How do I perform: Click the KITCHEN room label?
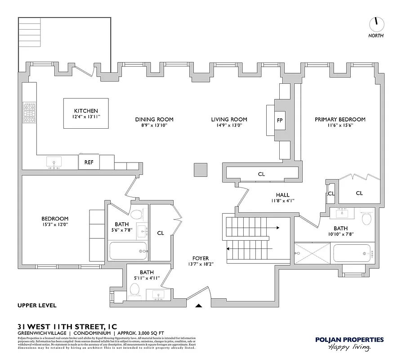(85, 111)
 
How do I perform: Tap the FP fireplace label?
(280, 120)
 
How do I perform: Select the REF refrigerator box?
(89, 162)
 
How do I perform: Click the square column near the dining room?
(200, 170)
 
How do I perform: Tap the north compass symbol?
(375, 23)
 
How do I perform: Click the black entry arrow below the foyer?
(199, 306)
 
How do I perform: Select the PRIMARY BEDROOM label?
(339, 119)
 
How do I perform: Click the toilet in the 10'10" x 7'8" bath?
(366, 219)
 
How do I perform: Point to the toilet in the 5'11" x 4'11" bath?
(134, 293)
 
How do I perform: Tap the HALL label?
(282, 195)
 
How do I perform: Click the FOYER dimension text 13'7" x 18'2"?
(200, 264)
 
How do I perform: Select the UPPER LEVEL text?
(37, 306)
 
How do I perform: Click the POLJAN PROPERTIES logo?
(349, 343)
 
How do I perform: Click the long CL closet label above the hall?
(261, 174)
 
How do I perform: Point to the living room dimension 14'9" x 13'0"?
(229, 126)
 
